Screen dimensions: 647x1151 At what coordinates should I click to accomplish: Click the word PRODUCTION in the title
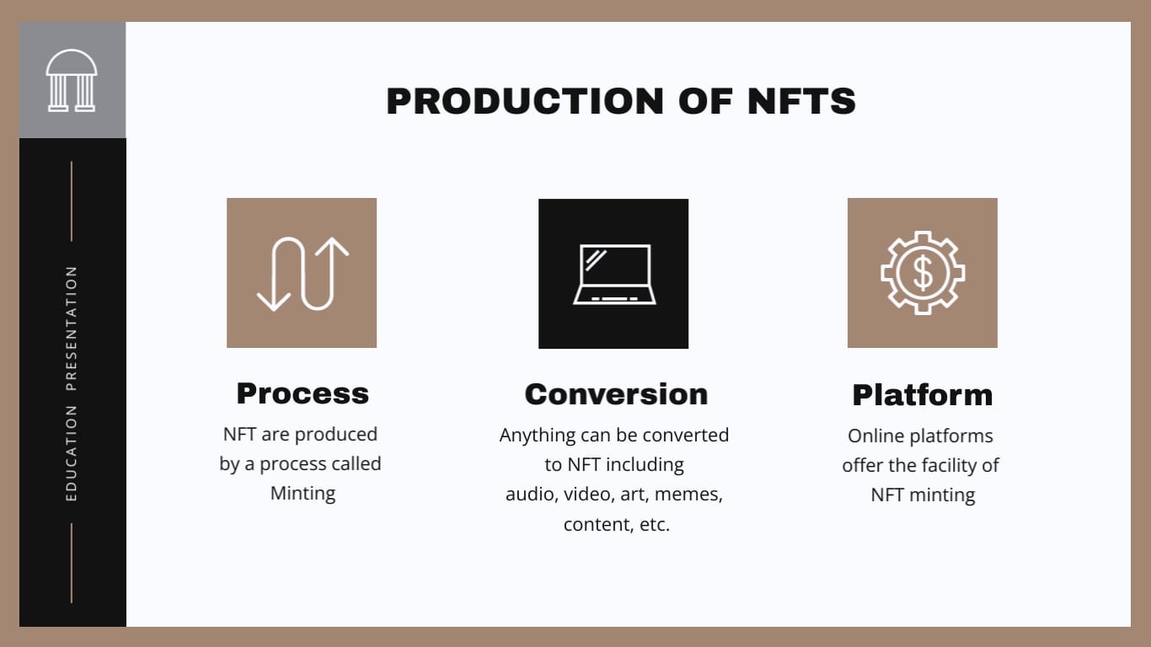[525, 101]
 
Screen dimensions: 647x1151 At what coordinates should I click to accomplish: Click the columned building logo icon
[72, 80]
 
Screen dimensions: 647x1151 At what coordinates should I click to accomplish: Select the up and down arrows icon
[302, 273]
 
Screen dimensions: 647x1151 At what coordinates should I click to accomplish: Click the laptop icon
[613, 274]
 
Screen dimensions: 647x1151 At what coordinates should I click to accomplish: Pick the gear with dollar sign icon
[923, 273]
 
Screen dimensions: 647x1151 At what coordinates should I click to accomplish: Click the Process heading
[302, 393]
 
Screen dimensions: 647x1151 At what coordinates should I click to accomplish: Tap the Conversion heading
[616, 394]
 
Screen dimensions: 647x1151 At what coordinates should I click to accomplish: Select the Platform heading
[923, 395]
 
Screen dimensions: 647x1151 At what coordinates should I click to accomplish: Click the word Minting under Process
[302, 493]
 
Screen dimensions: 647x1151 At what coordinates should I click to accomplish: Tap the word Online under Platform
[873, 436]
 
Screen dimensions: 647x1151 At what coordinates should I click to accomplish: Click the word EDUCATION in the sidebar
[72, 453]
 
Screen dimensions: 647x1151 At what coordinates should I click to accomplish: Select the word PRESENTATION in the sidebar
[72, 329]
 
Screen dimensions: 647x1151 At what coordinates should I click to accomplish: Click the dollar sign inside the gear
[923, 273]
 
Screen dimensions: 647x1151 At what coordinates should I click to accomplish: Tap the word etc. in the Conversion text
[654, 524]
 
